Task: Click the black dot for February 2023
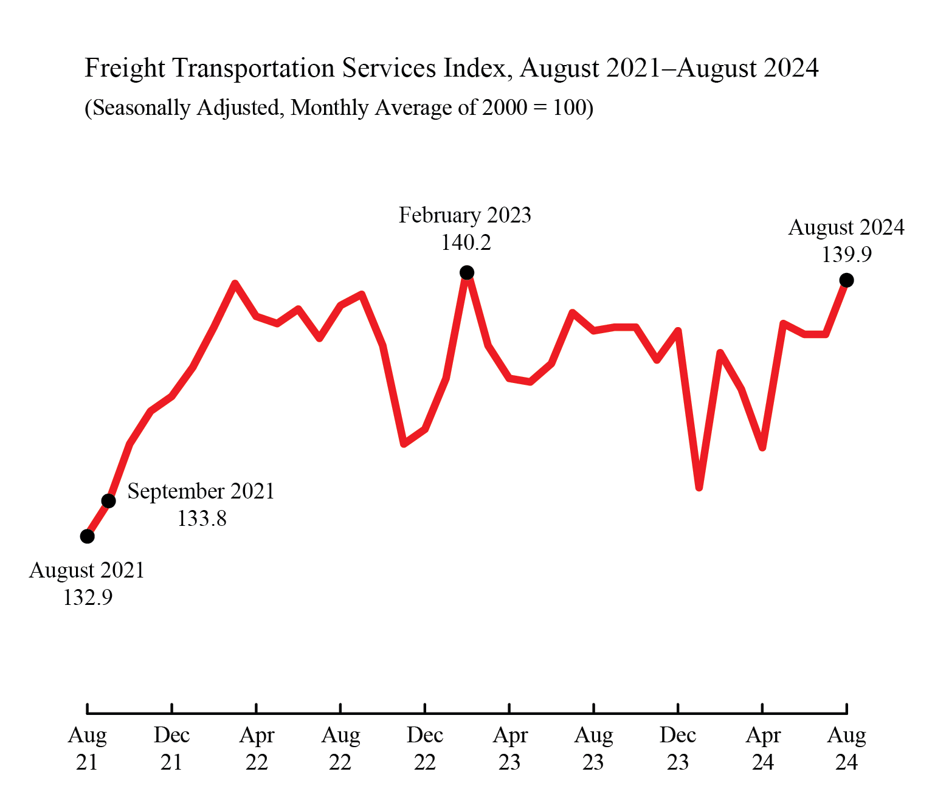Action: point(466,272)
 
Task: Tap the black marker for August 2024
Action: point(846,280)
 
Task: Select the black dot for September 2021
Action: point(108,501)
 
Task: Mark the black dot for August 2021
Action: point(88,536)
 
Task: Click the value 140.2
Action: point(466,243)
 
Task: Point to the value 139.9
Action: point(846,255)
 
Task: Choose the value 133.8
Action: point(202,519)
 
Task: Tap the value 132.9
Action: point(88,598)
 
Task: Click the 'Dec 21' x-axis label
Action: point(171,748)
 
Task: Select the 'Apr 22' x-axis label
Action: point(257,748)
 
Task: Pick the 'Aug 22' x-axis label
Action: point(340,748)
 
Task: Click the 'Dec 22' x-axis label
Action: point(425,748)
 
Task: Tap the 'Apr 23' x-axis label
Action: point(509,748)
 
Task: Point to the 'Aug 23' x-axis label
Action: point(593,748)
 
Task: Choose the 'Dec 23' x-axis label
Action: point(678,748)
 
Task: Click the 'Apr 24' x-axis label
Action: point(762,748)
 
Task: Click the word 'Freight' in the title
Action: point(125,68)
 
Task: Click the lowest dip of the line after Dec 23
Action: point(699,487)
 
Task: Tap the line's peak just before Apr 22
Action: point(235,283)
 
